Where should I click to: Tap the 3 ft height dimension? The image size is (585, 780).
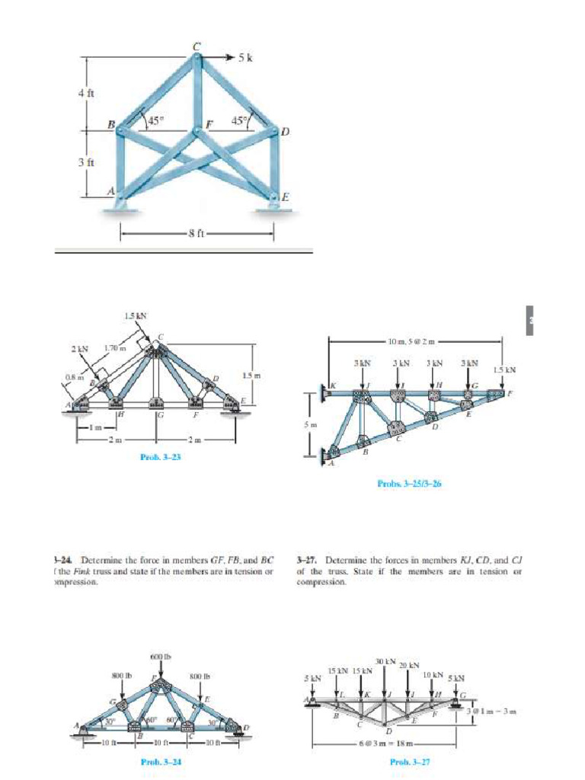(x=85, y=161)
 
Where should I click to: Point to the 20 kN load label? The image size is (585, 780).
(x=410, y=665)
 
